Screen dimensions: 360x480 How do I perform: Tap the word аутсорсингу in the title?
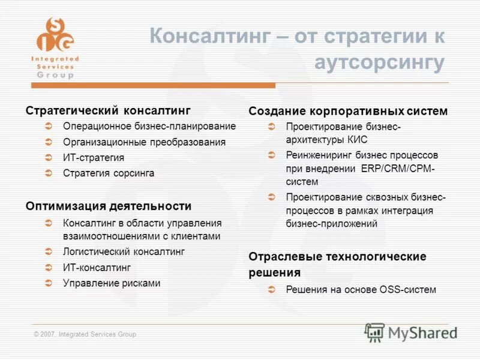(380, 63)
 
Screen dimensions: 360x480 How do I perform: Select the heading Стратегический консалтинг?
(108, 110)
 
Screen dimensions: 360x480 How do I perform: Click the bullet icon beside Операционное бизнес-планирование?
(50, 127)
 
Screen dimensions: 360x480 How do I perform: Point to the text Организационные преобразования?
(144, 142)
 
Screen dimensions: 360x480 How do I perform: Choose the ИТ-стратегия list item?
(94, 158)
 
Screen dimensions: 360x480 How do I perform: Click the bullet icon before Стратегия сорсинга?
(50, 173)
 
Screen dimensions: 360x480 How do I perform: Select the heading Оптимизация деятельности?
(109, 206)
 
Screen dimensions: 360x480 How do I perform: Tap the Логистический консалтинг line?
(124, 251)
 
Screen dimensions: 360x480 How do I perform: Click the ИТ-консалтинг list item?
(97, 267)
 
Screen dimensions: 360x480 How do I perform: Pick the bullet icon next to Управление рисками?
(50, 283)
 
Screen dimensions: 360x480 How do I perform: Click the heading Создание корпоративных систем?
(348, 111)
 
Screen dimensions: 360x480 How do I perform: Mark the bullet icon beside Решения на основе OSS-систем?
(272, 290)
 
